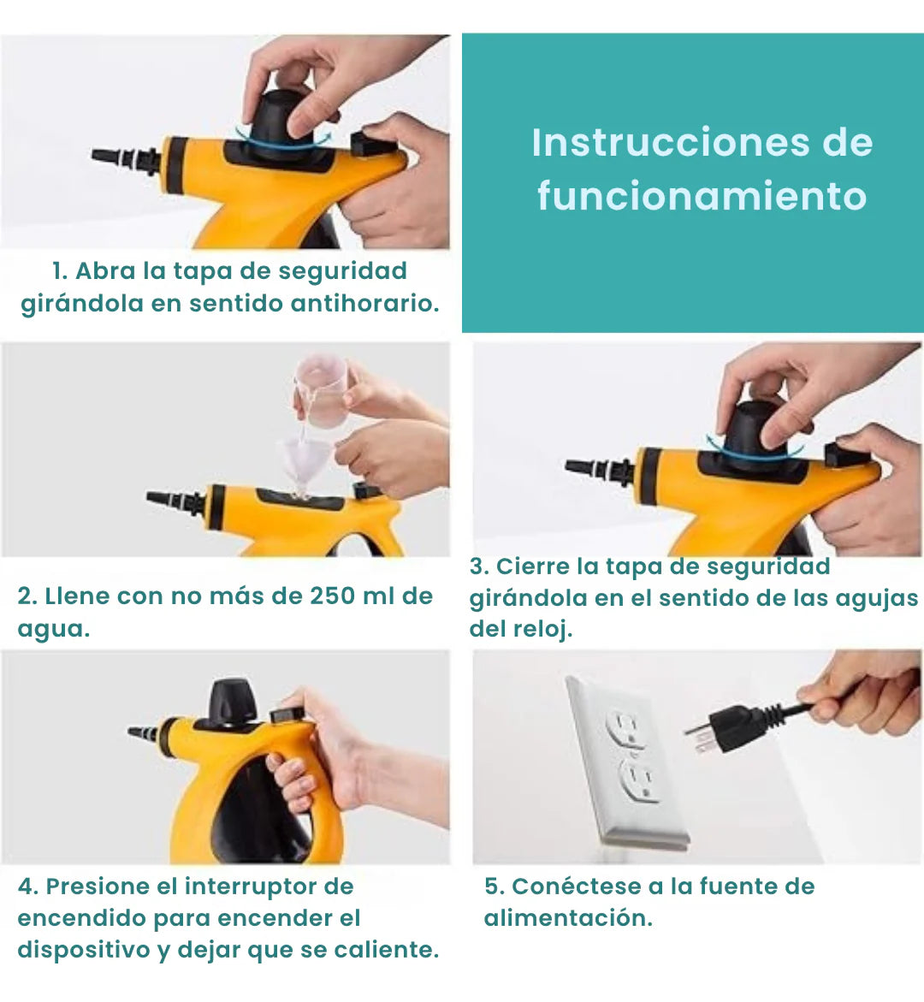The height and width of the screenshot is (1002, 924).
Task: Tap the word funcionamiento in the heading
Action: (702, 196)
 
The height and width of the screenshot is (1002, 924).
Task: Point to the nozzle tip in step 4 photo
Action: (143, 732)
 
